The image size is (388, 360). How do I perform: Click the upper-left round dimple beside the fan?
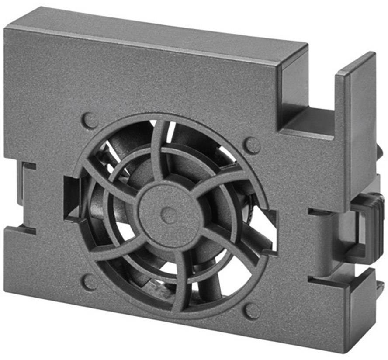90,121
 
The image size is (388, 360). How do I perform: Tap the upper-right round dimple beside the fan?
252,145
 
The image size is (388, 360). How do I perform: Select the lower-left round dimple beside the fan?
90,282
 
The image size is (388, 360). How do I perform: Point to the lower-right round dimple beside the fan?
252,311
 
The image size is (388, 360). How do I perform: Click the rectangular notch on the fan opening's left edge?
70,197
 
